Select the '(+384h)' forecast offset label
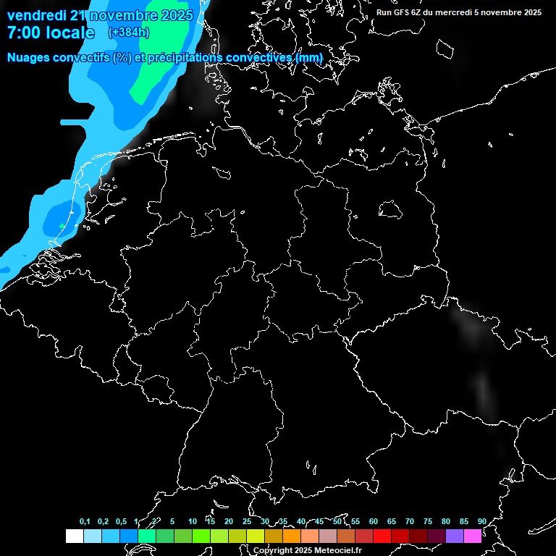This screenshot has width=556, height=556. point(128,33)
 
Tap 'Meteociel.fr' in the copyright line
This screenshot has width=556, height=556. point(337,551)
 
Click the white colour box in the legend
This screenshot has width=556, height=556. point(74,536)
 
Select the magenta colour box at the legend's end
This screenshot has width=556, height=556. point(473,536)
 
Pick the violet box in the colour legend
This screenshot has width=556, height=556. point(455,536)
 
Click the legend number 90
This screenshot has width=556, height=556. point(482,521)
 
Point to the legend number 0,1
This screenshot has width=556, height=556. point(85,521)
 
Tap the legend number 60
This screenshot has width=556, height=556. point(374,521)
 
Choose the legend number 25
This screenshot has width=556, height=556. point(247,521)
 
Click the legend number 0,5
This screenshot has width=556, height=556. point(121,521)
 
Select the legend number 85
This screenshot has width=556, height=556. point(464,521)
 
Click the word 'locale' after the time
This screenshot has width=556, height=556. point(69,33)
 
